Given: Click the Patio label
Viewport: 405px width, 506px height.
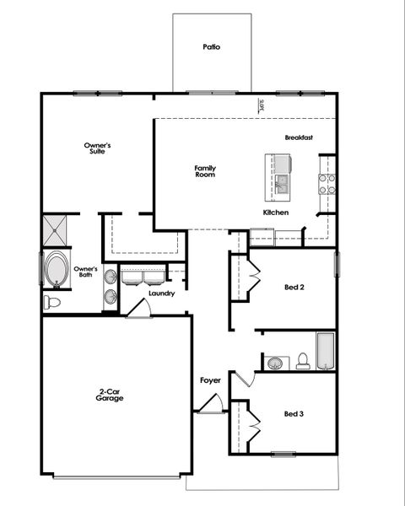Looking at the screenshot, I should [211, 47].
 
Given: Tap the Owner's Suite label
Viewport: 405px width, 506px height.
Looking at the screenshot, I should [97, 148].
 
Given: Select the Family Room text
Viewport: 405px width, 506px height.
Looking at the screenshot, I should [205, 170].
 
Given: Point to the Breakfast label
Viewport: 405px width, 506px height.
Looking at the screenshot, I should [299, 137].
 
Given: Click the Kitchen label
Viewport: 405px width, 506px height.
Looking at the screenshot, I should [276, 213].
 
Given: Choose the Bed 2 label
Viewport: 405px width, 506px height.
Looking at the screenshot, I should [294, 287].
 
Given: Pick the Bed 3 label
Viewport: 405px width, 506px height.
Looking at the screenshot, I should [294, 414].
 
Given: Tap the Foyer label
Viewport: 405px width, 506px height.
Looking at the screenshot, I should [210, 380].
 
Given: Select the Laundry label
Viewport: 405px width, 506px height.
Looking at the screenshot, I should [161, 293].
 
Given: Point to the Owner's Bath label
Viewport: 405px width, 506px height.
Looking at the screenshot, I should [86, 272].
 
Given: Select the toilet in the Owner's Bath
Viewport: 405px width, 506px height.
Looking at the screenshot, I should [53, 301].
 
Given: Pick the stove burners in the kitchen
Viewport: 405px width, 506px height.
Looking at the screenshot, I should [326, 184].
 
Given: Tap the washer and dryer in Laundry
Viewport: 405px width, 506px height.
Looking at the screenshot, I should [143, 277].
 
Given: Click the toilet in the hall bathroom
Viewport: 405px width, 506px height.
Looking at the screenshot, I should [302, 361].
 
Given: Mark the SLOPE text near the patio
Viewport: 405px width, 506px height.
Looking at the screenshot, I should [262, 105].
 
